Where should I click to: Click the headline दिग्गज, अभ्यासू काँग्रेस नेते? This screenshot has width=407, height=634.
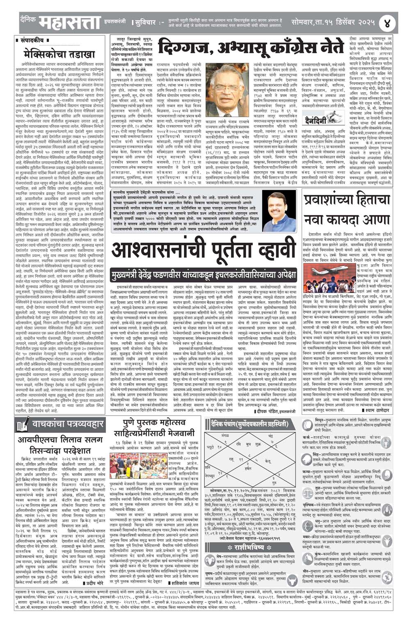[x=250, y=47]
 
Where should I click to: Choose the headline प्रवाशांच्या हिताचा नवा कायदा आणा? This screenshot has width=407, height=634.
[x=346, y=210]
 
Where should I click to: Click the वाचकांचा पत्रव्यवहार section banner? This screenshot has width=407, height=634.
[x=59, y=423]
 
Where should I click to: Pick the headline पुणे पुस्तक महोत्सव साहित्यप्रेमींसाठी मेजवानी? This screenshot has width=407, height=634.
[x=158, y=428]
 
